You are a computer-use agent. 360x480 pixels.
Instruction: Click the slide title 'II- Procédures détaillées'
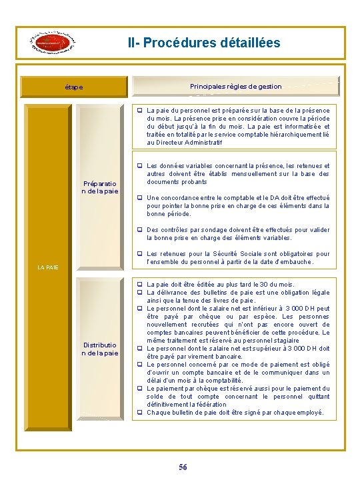click(204, 43)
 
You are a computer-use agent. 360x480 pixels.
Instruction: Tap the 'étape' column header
click(74, 87)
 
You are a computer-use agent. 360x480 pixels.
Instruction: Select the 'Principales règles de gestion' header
click(235, 86)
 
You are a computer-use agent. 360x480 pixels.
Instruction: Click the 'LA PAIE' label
click(47, 267)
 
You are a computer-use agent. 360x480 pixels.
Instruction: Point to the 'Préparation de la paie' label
click(101, 187)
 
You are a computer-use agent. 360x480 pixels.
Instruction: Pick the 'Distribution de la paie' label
click(101, 349)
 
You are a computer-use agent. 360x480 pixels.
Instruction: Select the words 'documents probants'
click(177, 182)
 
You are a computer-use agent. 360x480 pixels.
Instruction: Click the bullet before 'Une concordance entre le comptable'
click(140, 198)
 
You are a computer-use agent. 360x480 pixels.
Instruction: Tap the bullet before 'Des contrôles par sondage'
click(140, 230)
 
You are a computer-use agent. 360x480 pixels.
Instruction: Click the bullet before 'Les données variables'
click(140, 166)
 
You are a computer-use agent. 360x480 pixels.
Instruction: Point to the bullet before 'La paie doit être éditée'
click(140, 285)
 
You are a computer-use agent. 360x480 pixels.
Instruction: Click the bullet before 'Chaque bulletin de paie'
click(140, 413)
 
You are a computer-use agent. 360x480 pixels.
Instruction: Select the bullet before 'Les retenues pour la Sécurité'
click(140, 254)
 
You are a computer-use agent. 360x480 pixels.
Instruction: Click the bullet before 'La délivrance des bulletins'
click(140, 293)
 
